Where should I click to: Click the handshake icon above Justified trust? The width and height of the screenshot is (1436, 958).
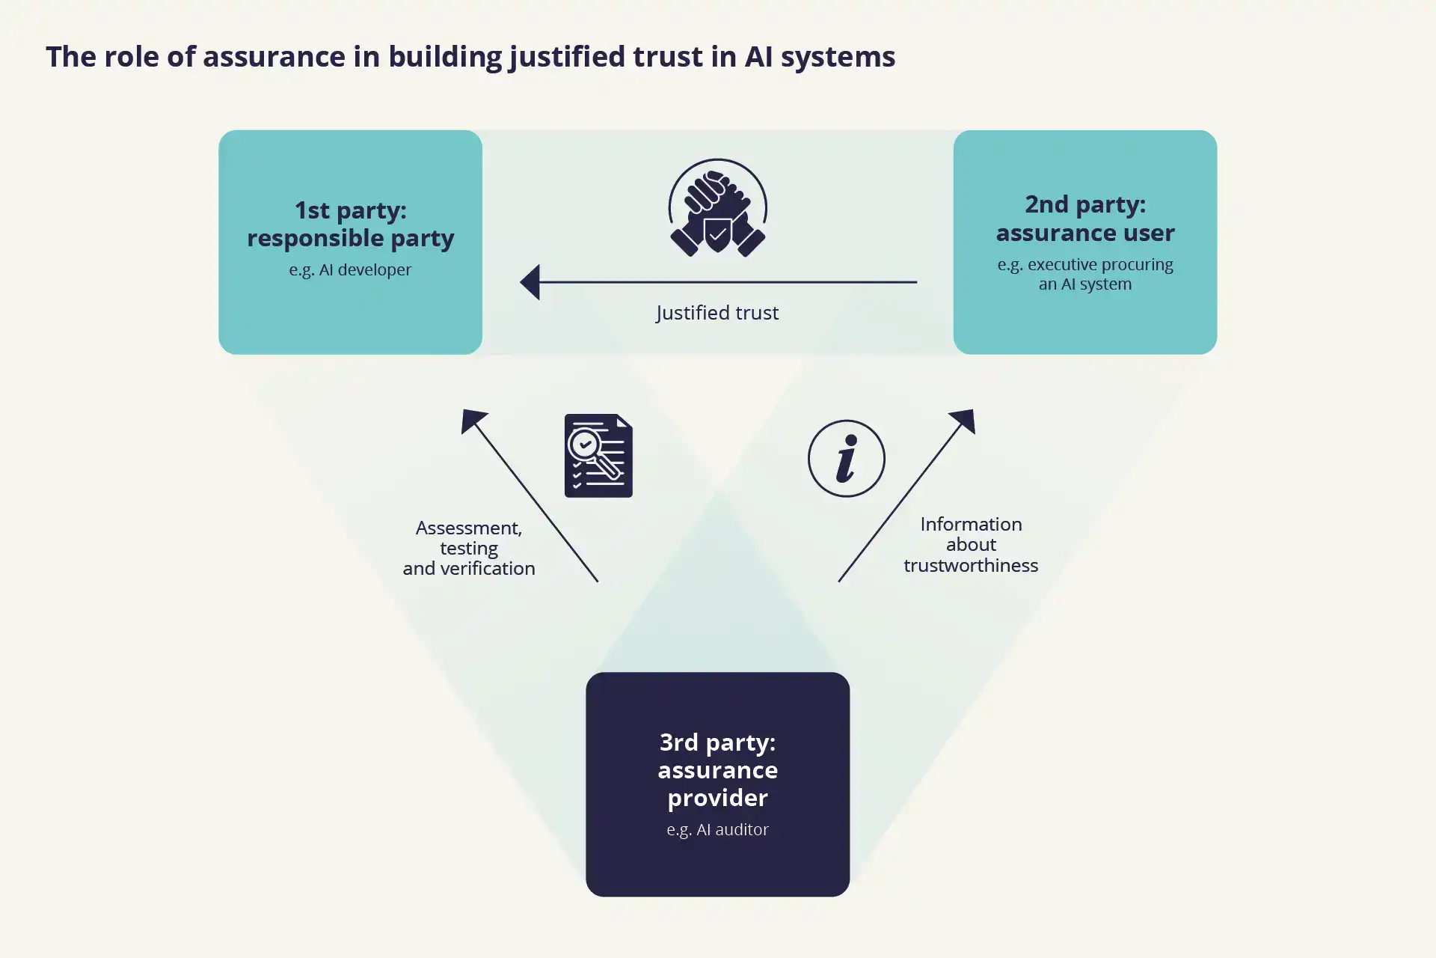coord(717,208)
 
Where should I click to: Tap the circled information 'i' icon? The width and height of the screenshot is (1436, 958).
coord(846,458)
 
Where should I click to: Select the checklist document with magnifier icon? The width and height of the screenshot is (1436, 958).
coord(598,456)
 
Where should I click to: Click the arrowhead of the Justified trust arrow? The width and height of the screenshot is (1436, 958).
coord(530,282)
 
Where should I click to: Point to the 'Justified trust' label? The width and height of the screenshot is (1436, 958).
coord(717,313)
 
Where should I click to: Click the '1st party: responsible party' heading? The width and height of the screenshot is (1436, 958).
coord(350,224)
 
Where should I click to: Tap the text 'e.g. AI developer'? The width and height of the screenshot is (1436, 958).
coord(350,269)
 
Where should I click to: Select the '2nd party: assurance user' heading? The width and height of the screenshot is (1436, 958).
coord(1084,219)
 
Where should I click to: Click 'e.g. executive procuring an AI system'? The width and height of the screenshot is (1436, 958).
coord(1084,274)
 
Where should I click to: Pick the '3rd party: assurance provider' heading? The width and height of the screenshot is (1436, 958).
coord(717,769)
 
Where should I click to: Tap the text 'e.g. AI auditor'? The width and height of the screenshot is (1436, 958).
coord(717,829)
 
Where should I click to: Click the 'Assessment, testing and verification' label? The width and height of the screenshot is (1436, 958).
coord(469,548)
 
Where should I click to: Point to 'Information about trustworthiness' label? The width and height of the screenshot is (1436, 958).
coord(971,544)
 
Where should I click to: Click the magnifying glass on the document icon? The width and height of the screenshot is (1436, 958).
coord(586,447)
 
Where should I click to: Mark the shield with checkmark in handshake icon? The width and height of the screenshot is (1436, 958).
coord(717,235)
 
